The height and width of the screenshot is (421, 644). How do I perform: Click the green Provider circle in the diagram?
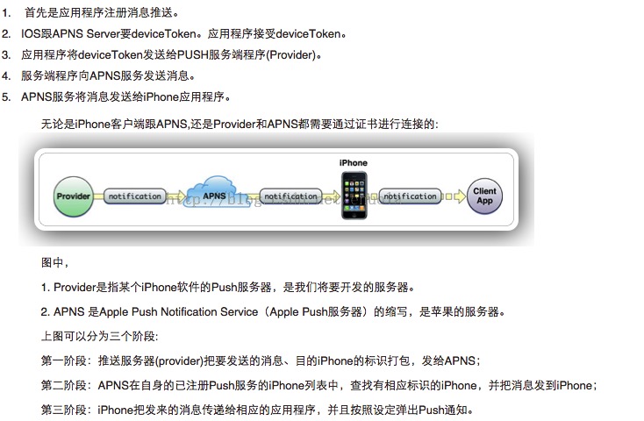tap(74, 196)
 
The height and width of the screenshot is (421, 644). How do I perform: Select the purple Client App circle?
tap(484, 196)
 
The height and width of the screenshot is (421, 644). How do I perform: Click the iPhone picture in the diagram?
tap(353, 195)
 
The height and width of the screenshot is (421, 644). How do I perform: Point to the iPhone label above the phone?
tap(353, 162)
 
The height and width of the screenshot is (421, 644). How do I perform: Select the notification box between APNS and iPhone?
tap(290, 196)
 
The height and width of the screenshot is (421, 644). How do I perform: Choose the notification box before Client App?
tap(410, 196)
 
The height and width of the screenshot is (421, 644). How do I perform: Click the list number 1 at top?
tap(6, 13)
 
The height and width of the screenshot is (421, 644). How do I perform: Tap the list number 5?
tap(6, 96)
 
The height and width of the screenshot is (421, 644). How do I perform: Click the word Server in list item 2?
tap(108, 34)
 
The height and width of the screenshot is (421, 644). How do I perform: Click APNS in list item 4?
tap(108, 75)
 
